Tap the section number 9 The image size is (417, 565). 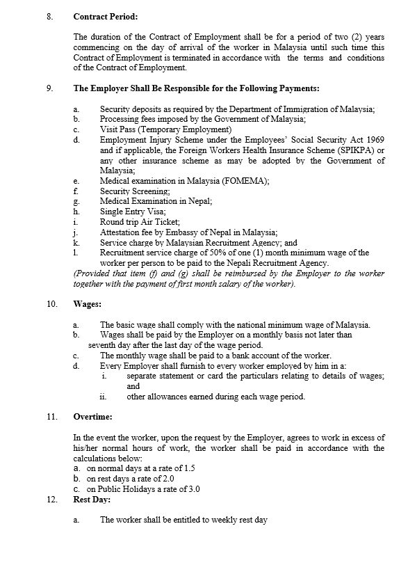tap(49, 89)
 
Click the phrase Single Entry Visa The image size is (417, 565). tap(132, 212)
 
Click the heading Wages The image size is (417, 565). tap(88, 304)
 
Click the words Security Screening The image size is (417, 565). tap(135, 191)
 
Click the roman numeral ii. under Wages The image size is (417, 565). tap(102, 397)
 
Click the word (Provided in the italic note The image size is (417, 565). tap(92, 273)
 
